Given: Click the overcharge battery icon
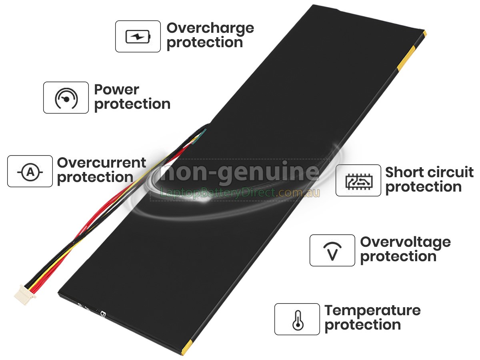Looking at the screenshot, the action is pyautogui.click(x=138, y=36).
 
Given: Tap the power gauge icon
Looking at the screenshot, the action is pyautogui.click(x=66, y=98).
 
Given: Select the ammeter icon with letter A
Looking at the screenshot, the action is pyautogui.click(x=30, y=172).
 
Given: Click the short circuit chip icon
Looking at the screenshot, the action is pyautogui.click(x=359, y=182).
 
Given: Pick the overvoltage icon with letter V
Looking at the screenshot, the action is pyautogui.click(x=332, y=251).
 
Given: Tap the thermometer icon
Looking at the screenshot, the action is pyautogui.click(x=298, y=320).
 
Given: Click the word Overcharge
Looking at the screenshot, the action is pyautogui.click(x=210, y=29).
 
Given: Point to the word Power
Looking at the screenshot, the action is pyautogui.click(x=116, y=90).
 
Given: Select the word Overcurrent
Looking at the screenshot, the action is pyautogui.click(x=102, y=163).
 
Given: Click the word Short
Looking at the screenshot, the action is pyautogui.click(x=402, y=172).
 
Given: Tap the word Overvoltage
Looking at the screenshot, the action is pyautogui.click(x=406, y=243).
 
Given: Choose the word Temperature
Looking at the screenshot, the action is pyautogui.click(x=372, y=311).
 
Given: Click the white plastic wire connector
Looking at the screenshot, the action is pyautogui.click(x=25, y=295).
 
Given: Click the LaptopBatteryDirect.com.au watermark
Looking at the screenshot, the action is pyautogui.click(x=240, y=193).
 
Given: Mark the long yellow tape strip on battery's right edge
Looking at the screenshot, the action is pyautogui.click(x=406, y=58).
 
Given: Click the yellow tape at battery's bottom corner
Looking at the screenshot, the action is pyautogui.click(x=186, y=348).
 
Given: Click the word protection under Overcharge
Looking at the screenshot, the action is pyautogui.click(x=205, y=43).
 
